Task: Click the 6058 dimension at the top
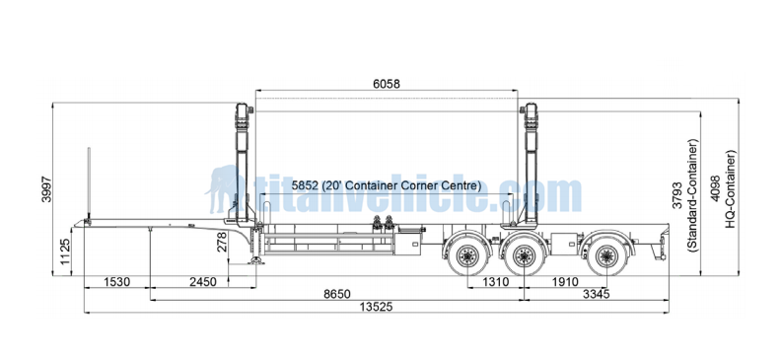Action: (386, 84)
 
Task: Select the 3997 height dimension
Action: (46, 188)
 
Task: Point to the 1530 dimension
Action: (116, 282)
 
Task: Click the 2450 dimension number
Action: (203, 282)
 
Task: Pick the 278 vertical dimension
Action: (222, 242)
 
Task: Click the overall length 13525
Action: (376, 307)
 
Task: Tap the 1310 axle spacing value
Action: (495, 282)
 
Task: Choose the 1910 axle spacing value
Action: (565, 282)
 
